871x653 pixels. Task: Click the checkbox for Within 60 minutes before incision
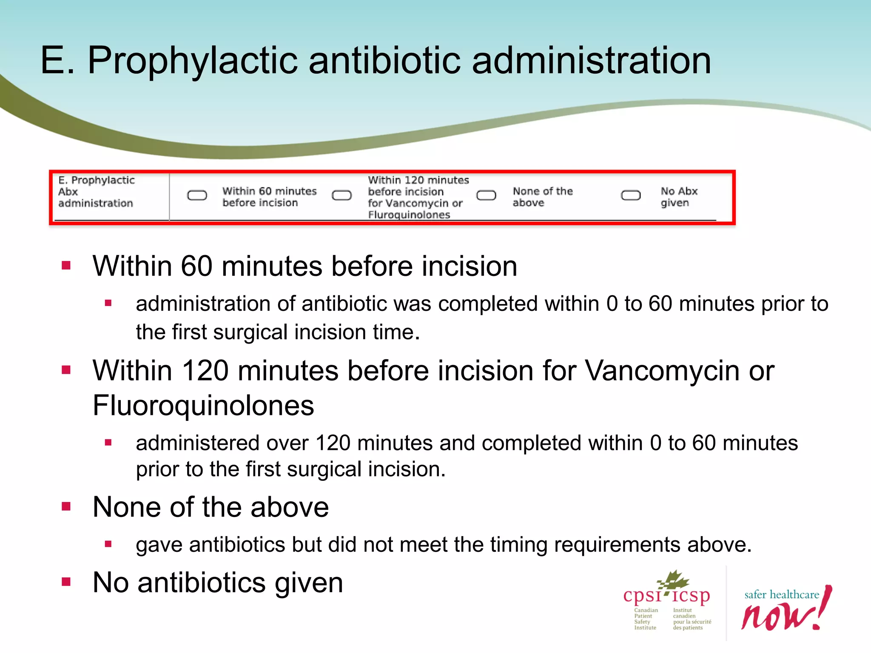pos(197,196)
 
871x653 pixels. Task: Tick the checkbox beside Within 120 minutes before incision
pos(342,196)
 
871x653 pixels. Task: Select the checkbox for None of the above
pos(486,196)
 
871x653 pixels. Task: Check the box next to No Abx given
pos(631,196)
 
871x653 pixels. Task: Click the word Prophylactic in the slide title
pos(193,61)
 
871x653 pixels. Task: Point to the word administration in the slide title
pos(591,61)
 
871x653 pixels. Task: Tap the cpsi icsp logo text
pos(666,595)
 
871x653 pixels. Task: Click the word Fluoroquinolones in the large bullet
pos(203,406)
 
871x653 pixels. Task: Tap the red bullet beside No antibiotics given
pos(66,582)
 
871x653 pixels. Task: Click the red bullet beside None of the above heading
pos(66,506)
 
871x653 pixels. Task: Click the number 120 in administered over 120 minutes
pos(333,443)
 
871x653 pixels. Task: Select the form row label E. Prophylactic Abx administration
pos(97,192)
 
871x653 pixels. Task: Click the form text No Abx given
pos(679,197)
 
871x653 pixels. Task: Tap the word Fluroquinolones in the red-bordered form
pos(409,215)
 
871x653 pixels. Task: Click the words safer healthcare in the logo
pos(781,595)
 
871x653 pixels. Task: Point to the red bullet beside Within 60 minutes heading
pos(66,266)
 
